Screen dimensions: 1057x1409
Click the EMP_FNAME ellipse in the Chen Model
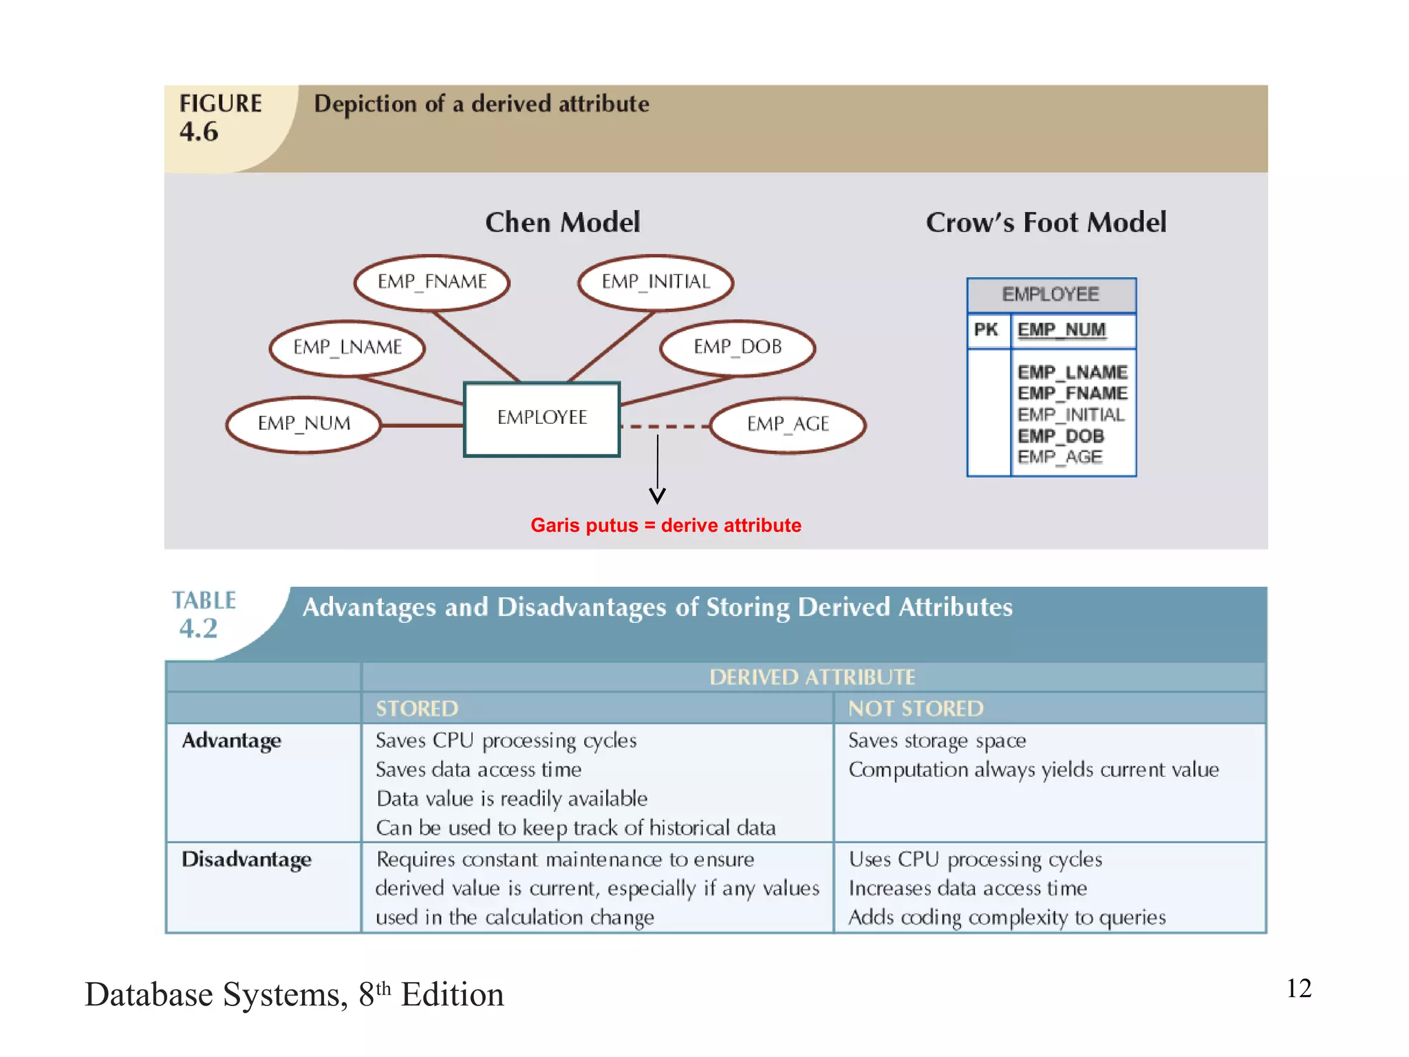click(x=431, y=281)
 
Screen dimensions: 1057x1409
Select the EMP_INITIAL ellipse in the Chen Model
click(x=655, y=281)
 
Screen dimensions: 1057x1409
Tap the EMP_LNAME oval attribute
click(x=347, y=347)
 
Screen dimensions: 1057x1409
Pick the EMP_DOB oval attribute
click(x=737, y=347)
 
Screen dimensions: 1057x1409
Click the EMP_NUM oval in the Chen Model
click(x=303, y=423)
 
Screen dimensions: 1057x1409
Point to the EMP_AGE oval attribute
click(x=788, y=424)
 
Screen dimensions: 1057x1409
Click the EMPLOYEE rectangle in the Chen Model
click(x=541, y=418)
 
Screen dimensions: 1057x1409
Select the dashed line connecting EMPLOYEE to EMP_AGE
click(x=664, y=427)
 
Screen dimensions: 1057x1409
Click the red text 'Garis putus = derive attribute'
click(x=665, y=525)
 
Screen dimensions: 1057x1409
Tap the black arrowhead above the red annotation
click(x=657, y=495)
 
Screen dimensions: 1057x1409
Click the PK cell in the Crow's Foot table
click(x=986, y=330)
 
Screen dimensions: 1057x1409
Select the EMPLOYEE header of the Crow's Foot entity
click(x=1050, y=295)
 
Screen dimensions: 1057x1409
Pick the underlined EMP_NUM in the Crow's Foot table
click(x=1061, y=330)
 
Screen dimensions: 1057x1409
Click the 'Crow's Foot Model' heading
click(x=1045, y=222)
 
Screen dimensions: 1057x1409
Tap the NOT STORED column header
click(x=915, y=708)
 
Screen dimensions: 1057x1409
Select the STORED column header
click(x=416, y=708)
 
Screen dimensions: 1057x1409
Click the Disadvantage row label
click(x=246, y=859)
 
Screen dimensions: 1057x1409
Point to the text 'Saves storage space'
click(x=936, y=740)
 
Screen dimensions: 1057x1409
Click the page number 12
click(x=1298, y=988)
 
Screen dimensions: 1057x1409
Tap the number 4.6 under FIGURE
click(x=199, y=131)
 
